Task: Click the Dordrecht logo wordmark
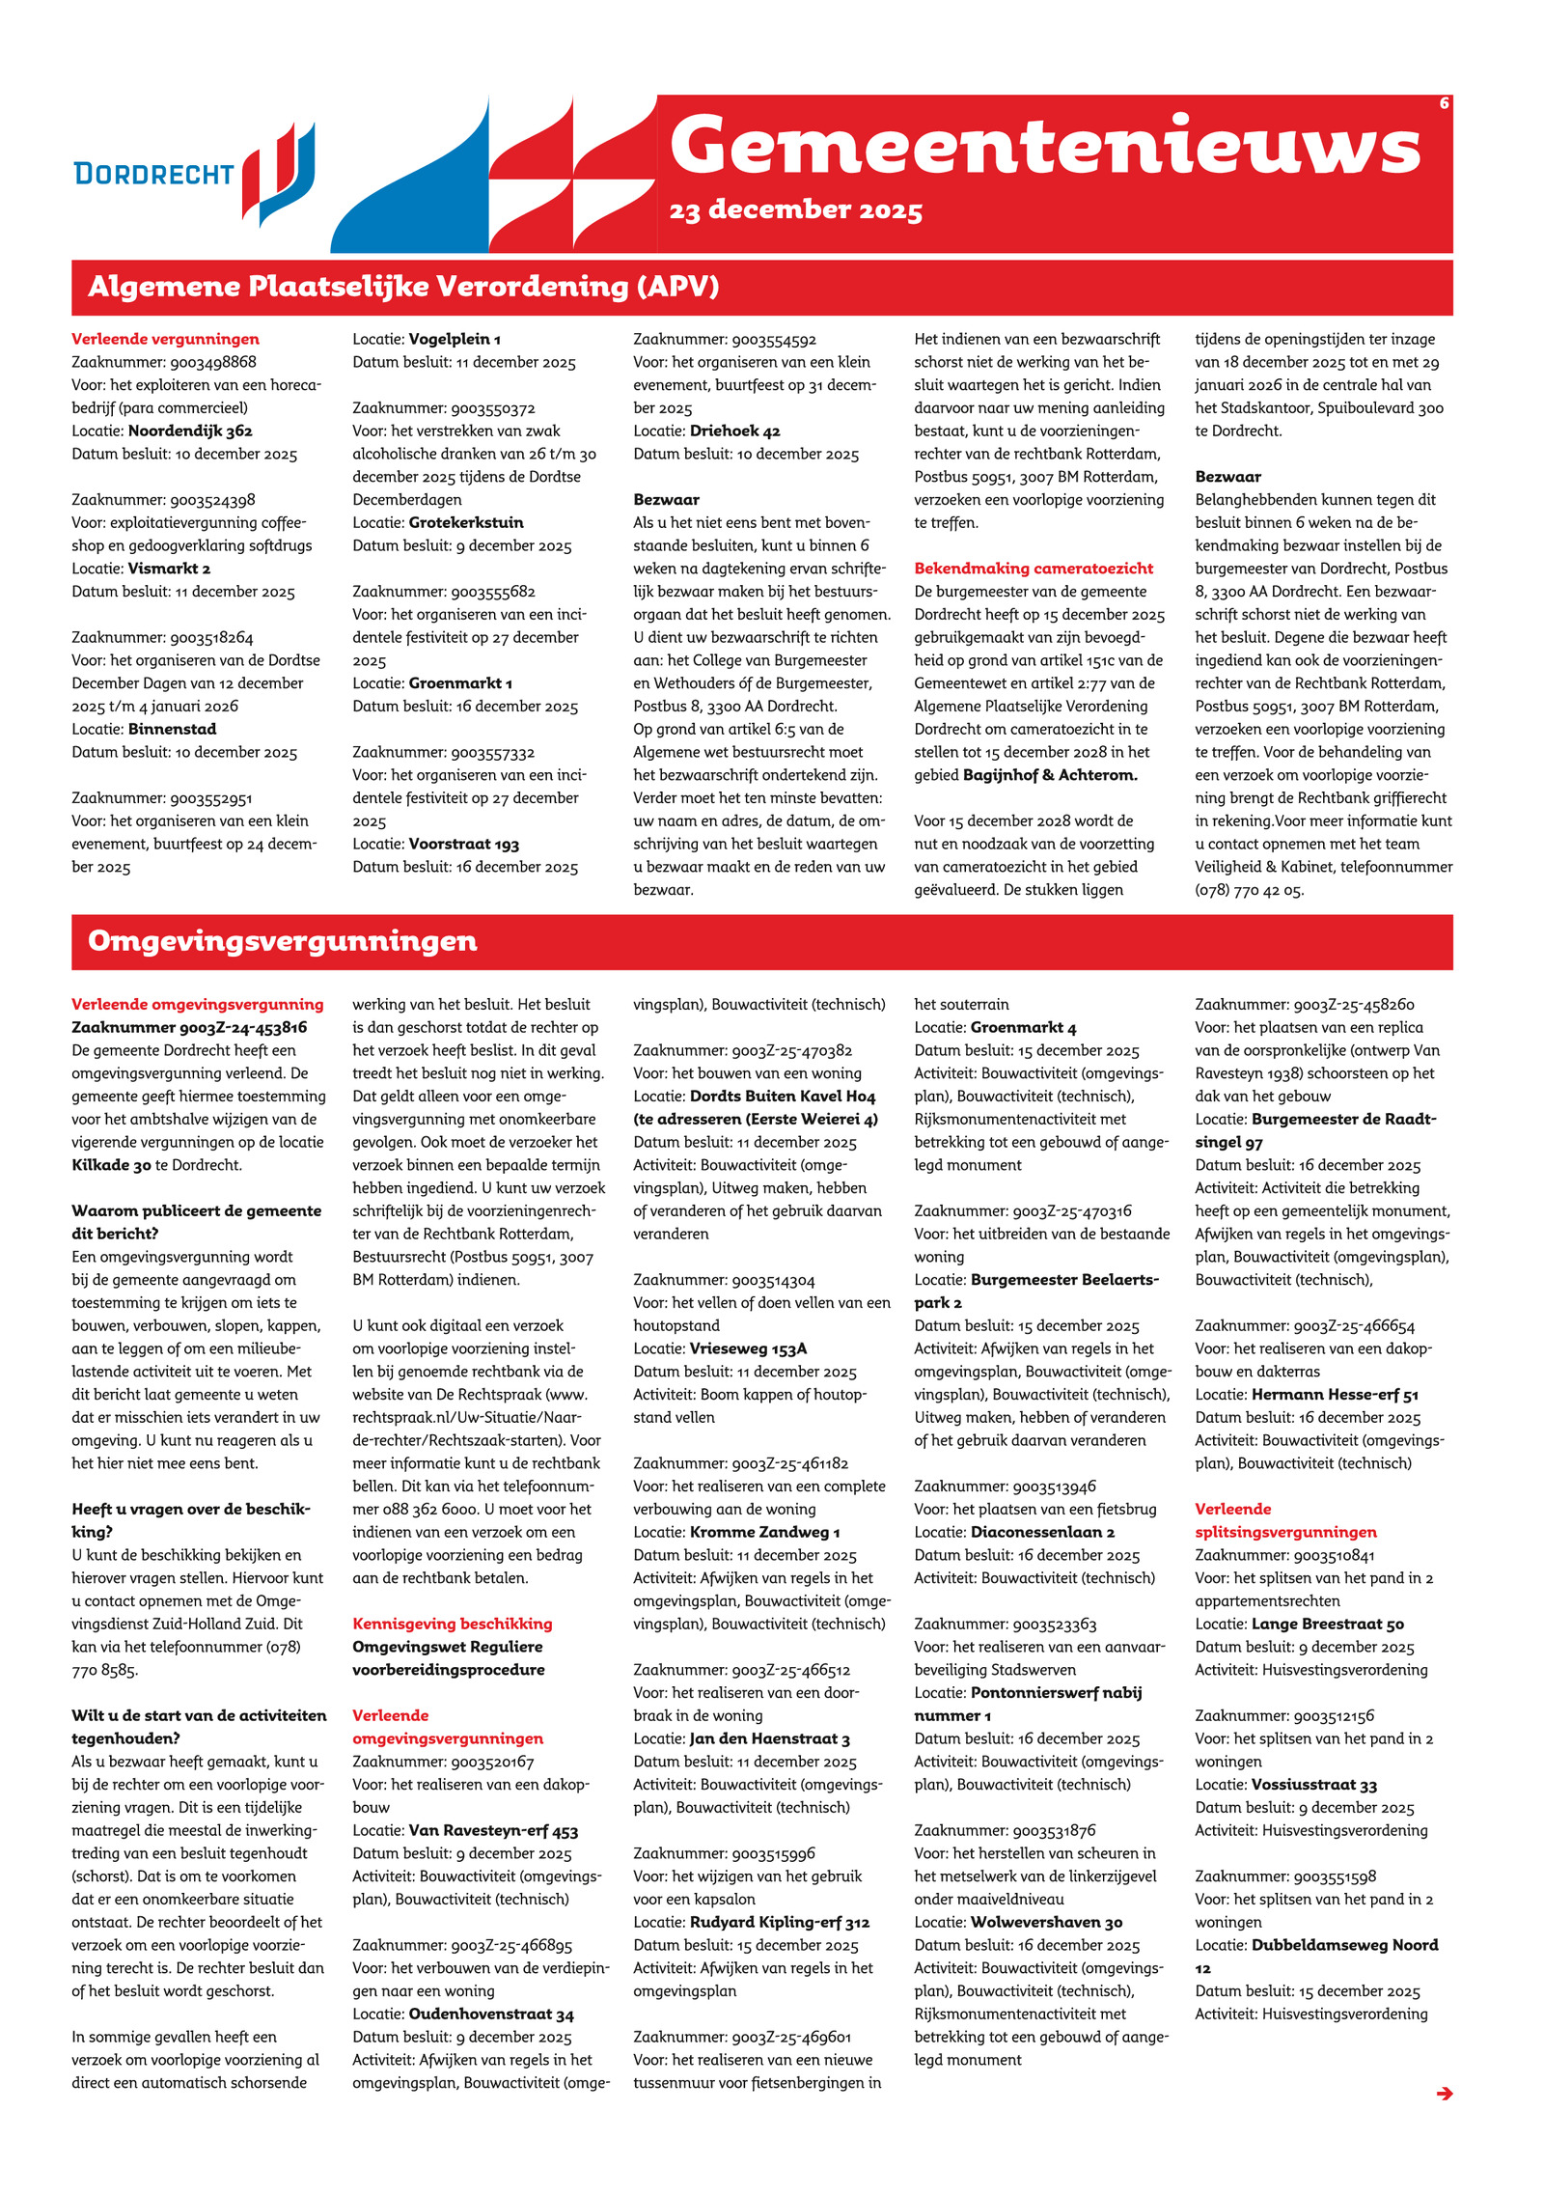point(153,174)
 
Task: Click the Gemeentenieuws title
point(1044,146)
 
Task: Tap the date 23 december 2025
point(795,210)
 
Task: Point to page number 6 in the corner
point(1444,103)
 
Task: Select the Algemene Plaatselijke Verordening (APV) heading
point(403,287)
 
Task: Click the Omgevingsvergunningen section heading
point(282,941)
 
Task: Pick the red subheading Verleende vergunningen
point(165,339)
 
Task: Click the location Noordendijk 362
point(190,431)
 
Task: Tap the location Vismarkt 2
point(169,569)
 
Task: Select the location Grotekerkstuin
point(466,522)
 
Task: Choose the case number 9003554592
point(774,339)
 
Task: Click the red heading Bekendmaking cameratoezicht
point(1034,569)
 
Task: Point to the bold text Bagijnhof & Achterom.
point(1050,775)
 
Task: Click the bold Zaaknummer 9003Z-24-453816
point(189,1027)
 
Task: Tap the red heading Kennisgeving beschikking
point(452,1624)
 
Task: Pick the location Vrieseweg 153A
point(748,1348)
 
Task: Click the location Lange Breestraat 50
point(1327,1624)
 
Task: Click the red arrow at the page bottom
point(1444,2094)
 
